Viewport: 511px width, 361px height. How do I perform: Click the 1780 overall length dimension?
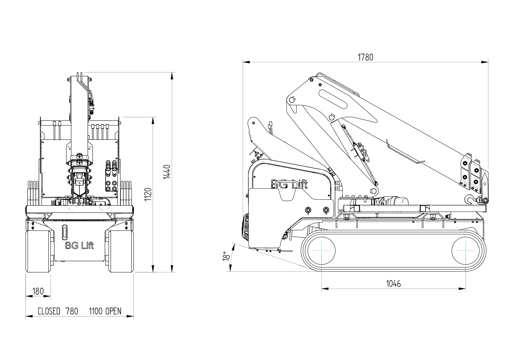click(365, 57)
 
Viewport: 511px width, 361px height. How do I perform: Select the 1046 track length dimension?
click(393, 283)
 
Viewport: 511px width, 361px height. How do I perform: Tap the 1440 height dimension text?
click(167, 172)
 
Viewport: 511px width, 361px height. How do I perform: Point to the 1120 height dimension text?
click(148, 194)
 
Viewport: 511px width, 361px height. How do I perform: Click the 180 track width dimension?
click(38, 291)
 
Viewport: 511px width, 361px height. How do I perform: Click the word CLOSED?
click(49, 311)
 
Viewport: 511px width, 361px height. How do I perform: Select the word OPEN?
click(114, 311)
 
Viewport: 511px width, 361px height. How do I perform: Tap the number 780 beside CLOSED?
click(72, 311)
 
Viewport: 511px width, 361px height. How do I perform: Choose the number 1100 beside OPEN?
click(96, 311)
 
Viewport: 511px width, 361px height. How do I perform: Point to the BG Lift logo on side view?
click(289, 185)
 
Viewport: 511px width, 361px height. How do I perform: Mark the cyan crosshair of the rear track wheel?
click(321, 251)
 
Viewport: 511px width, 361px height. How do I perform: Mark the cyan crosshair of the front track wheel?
click(466, 251)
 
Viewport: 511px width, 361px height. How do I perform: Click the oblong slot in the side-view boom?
click(333, 99)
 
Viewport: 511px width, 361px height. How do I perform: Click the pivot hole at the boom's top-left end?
click(292, 100)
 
